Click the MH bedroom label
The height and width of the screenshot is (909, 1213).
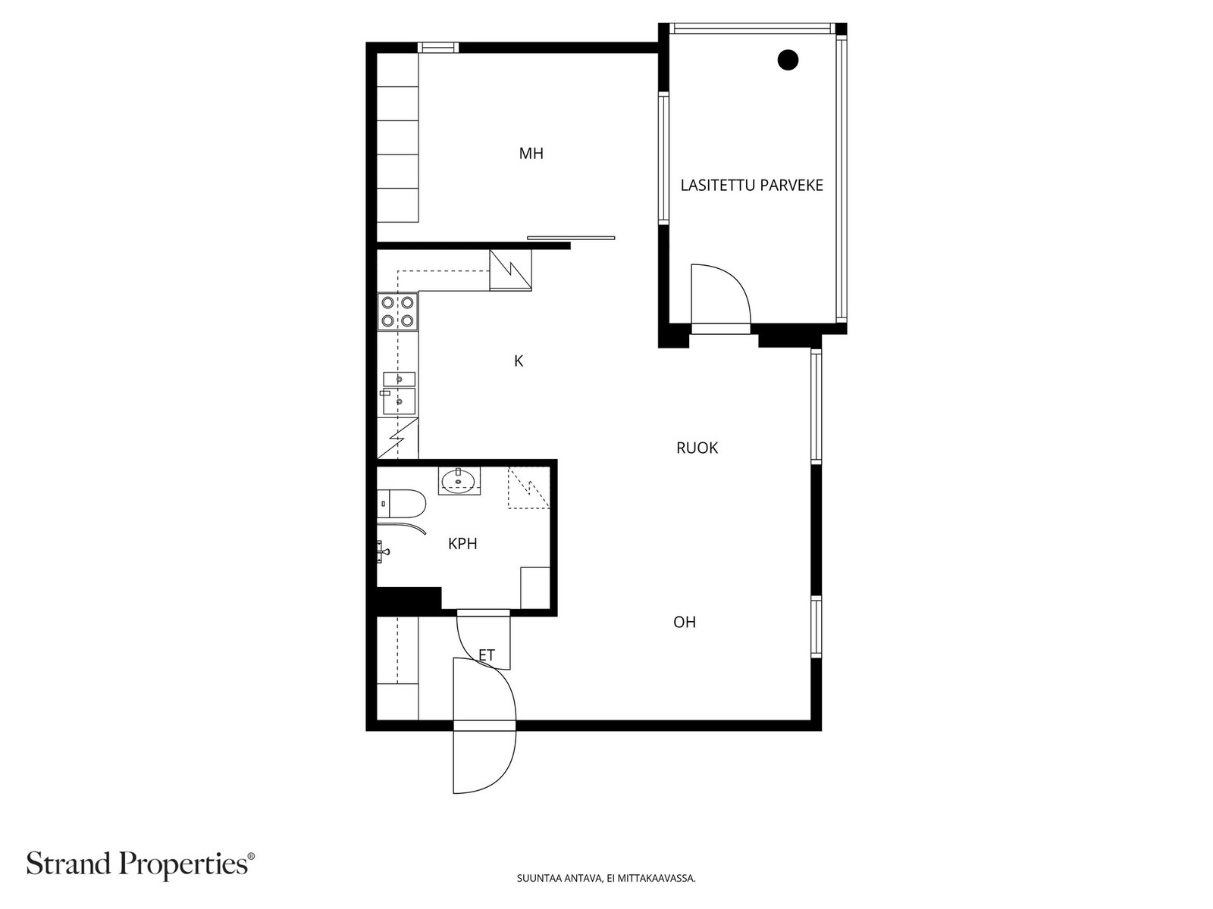(x=531, y=154)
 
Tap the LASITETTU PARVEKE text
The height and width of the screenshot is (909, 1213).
(x=751, y=186)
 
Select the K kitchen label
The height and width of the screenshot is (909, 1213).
(x=519, y=361)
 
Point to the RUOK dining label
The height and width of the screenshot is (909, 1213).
(x=697, y=448)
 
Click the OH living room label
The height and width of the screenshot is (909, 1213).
(x=684, y=622)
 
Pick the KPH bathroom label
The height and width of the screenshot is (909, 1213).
(x=462, y=544)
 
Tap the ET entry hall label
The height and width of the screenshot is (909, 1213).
(x=486, y=655)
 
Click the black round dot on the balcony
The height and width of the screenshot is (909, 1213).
(x=788, y=60)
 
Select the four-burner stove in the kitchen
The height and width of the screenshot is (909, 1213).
(x=398, y=312)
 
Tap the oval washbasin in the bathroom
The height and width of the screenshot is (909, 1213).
(x=459, y=481)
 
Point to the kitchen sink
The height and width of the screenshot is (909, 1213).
(x=399, y=393)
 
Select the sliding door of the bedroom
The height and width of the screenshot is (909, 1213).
(x=571, y=238)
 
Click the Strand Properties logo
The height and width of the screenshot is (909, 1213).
(x=141, y=864)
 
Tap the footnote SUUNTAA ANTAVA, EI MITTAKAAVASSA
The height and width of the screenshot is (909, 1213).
(x=606, y=878)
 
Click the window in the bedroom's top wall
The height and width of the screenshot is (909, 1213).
(x=437, y=48)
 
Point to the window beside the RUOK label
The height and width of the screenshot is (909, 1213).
(x=817, y=406)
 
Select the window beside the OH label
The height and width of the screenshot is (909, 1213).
(x=817, y=626)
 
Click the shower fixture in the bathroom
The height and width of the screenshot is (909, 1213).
(x=384, y=551)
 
